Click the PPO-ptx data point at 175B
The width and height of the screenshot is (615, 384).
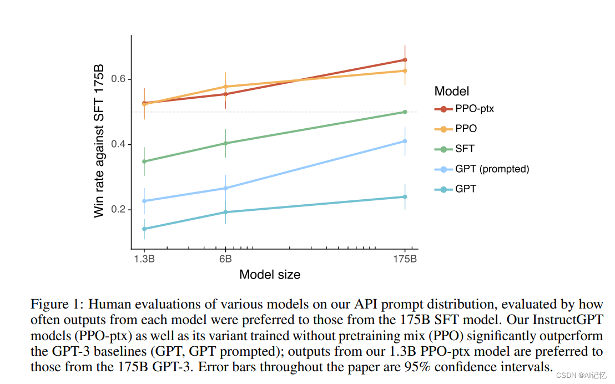[405, 60]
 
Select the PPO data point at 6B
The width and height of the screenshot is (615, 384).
[225, 87]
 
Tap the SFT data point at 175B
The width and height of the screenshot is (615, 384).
[405, 112]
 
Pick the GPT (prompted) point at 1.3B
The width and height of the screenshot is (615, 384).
[144, 201]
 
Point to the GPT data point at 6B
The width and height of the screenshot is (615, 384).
[225, 212]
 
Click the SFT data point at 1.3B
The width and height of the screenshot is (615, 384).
[144, 161]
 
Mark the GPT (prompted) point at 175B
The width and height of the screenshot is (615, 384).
[405, 141]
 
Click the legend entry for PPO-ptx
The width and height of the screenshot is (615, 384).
[474, 109]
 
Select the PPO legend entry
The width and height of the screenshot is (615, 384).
[466, 129]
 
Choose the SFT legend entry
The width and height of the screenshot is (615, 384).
[465, 149]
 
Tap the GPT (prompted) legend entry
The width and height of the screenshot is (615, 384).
[492, 169]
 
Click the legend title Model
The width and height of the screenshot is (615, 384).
[451, 92]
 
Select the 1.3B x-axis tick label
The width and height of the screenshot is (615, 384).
[144, 259]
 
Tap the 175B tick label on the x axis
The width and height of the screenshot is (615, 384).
[405, 259]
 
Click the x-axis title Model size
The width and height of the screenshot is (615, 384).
[270, 275]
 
